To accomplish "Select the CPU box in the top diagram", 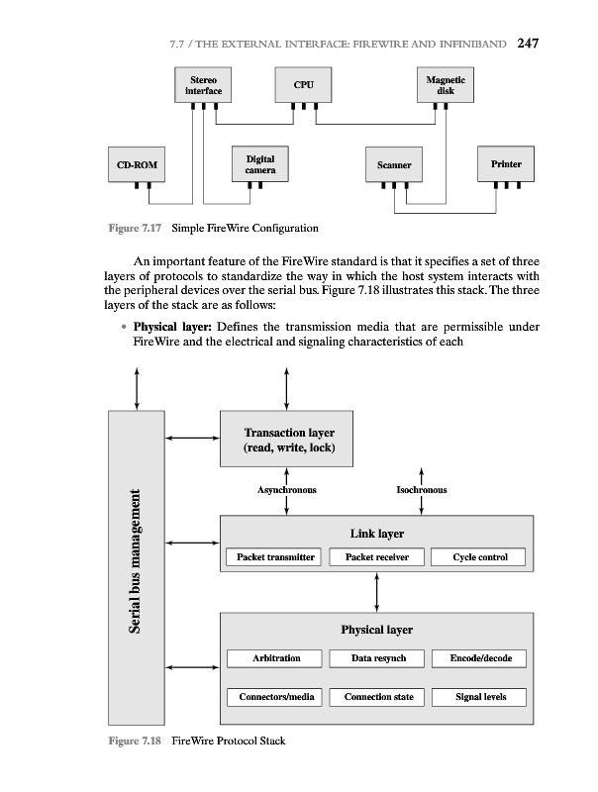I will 304,85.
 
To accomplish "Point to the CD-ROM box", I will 136,163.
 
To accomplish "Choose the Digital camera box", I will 260,164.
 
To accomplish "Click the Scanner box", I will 393,164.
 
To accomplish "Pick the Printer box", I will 505,163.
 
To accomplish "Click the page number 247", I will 527,44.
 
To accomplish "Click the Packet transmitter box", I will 275,557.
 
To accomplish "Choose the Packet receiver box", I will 377,557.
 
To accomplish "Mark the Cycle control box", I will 479,557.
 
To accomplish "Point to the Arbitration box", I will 276,658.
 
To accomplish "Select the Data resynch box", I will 377,658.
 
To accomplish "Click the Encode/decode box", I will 479,658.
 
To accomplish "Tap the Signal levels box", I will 479,697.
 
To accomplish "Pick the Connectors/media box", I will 276,697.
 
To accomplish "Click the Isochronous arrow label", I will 422,489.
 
